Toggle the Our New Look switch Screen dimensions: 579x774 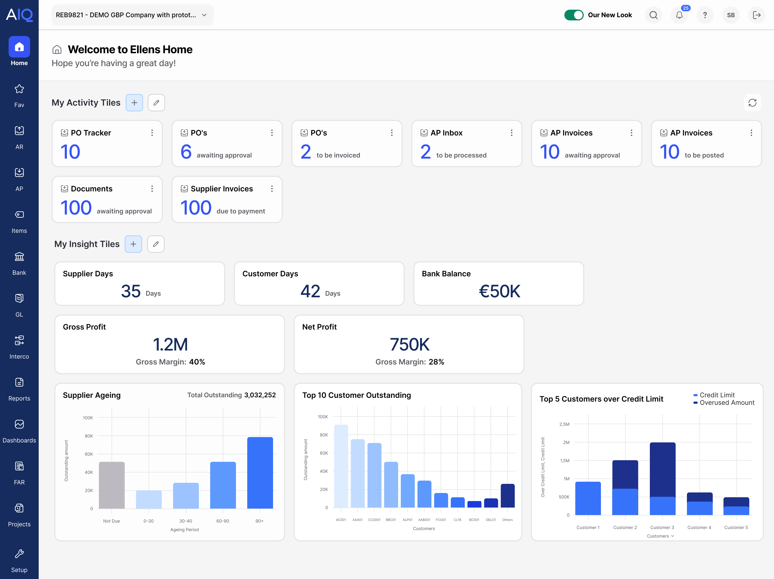(574, 15)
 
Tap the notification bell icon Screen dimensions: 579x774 (679, 15)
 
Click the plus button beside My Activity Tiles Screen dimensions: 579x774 (134, 103)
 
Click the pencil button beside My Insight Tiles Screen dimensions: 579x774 (156, 244)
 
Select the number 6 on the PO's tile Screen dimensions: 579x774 (186, 152)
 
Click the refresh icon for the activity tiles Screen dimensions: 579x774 (752, 103)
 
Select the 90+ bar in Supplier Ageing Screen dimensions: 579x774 (260, 473)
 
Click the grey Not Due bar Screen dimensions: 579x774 (112, 485)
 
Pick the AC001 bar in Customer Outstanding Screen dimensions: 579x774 (341, 466)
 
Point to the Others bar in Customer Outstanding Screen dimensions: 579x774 (507, 495)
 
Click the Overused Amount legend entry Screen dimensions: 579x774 (726, 403)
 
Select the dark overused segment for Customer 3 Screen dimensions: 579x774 (662, 469)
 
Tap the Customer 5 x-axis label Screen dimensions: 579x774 (736, 527)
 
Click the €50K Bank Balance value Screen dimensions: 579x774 (499, 291)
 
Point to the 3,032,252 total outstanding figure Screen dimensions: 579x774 (260, 395)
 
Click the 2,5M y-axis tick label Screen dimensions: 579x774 (564, 424)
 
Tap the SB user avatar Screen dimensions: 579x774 (731, 15)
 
